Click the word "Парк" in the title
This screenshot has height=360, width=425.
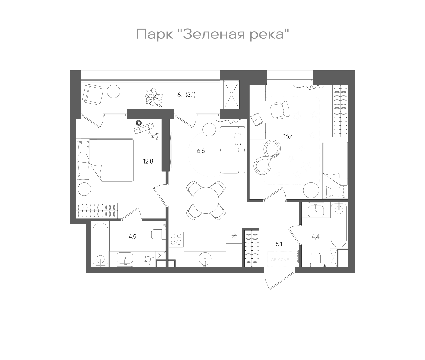tap(155, 34)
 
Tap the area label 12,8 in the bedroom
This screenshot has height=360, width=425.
tap(148, 161)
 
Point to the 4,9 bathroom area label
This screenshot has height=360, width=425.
tap(133, 236)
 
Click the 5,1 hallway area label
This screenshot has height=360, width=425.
tap(279, 244)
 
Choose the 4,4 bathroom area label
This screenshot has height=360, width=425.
tap(315, 237)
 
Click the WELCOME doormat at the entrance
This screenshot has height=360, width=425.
tap(280, 259)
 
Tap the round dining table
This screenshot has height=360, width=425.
tap(206, 200)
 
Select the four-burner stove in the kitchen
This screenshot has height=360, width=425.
tap(176, 239)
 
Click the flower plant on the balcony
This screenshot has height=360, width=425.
tap(154, 97)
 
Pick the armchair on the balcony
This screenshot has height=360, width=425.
tap(93, 94)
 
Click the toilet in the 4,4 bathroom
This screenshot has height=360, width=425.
tap(316, 259)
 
